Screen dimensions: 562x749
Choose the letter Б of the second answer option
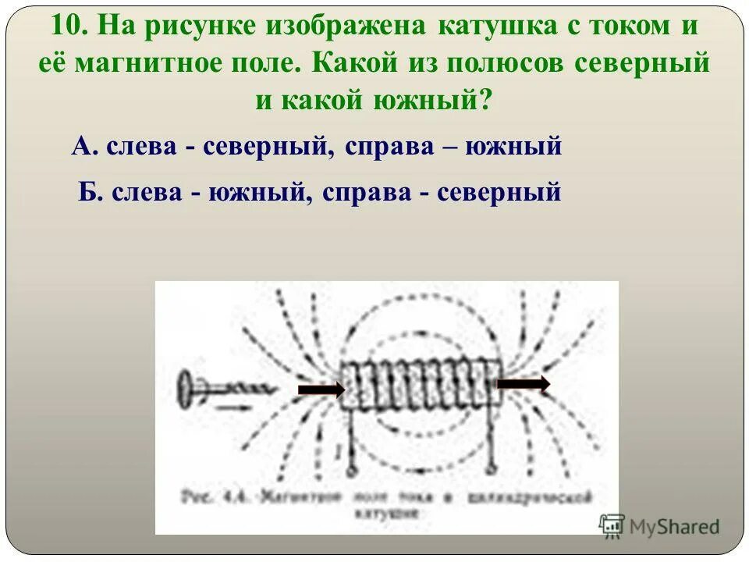pyautogui.click(x=88, y=190)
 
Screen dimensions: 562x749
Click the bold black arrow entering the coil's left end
pyautogui.click(x=321, y=388)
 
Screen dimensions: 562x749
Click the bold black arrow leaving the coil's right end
pyautogui.click(x=524, y=383)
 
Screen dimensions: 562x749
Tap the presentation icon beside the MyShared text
pyautogui.click(x=612, y=525)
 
